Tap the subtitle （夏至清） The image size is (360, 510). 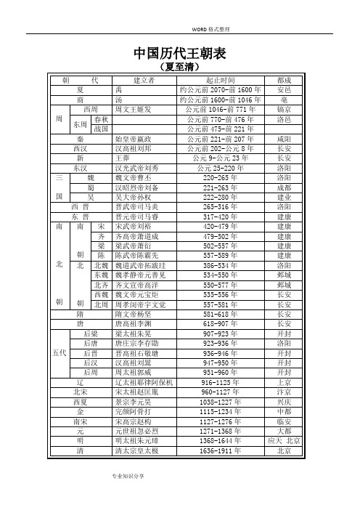tap(180, 67)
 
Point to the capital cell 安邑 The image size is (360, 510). tap(285, 89)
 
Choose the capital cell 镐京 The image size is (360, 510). tap(285, 109)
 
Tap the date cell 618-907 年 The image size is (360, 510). tap(221, 323)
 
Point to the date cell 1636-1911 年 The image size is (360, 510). tap(221, 450)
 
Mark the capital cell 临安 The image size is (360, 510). tap(285, 421)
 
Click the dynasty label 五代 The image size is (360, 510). tap(61, 353)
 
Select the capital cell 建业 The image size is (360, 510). tap(285, 197)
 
